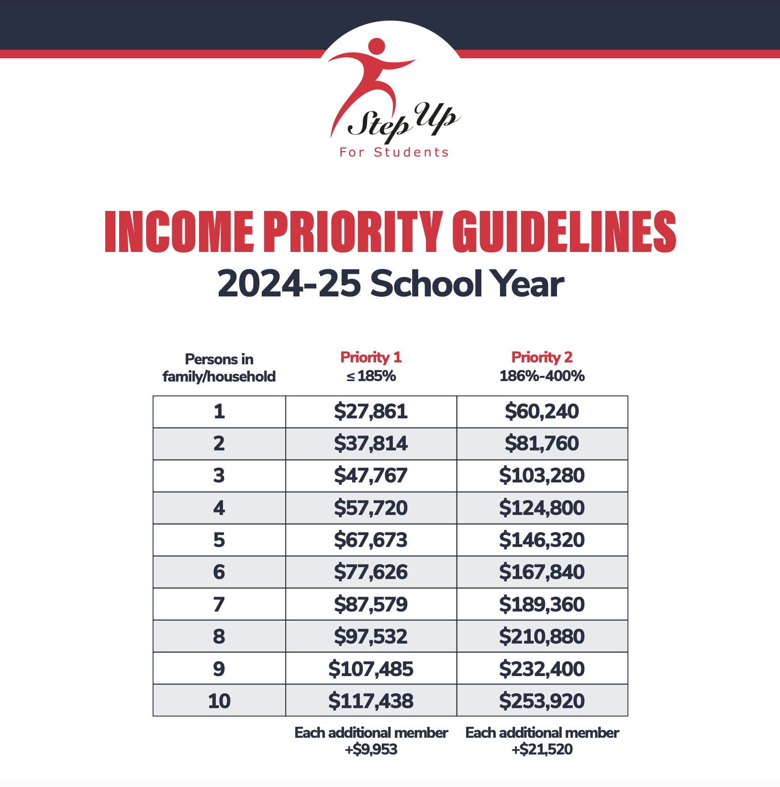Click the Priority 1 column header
pyautogui.click(x=371, y=357)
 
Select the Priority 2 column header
pyautogui.click(x=542, y=357)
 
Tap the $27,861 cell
pyautogui.click(x=371, y=412)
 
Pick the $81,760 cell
pyautogui.click(x=542, y=444)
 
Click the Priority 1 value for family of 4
pyautogui.click(x=371, y=508)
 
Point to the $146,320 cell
pyautogui.click(x=542, y=540)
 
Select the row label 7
pyautogui.click(x=219, y=604)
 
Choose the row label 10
pyautogui.click(x=219, y=701)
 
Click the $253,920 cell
pyautogui.click(x=542, y=701)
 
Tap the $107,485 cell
pyautogui.click(x=371, y=669)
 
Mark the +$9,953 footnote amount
pyautogui.click(x=371, y=749)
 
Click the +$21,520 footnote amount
pyautogui.click(x=542, y=749)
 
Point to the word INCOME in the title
pyautogui.click(x=179, y=232)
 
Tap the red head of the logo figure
pyautogui.click(x=377, y=46)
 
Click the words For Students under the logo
pyautogui.click(x=394, y=153)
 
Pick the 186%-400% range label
pyautogui.click(x=542, y=376)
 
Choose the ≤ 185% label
pyautogui.click(x=371, y=376)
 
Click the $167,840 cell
pyautogui.click(x=542, y=572)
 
